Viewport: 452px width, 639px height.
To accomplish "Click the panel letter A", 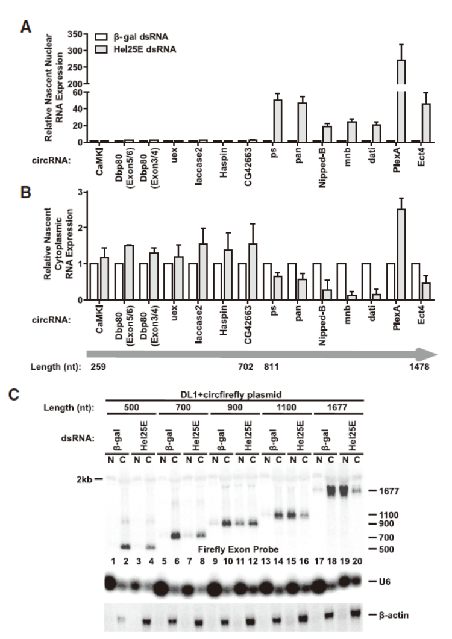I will coord(26,27).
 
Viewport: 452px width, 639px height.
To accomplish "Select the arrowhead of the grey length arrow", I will coord(430,350).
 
